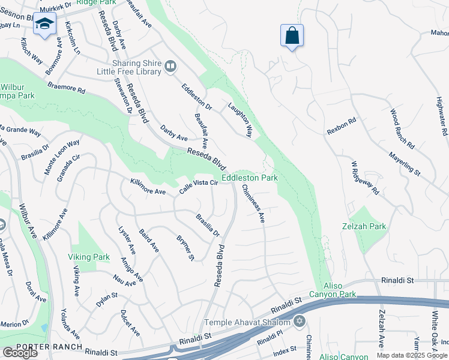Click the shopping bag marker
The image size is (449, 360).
[292, 35]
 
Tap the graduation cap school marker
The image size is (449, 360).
[44, 23]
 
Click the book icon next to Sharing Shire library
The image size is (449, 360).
[171, 67]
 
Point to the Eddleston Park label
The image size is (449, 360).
[249, 178]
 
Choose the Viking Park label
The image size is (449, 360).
[89, 257]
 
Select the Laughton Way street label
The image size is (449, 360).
[240, 119]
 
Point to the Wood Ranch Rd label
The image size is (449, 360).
[402, 129]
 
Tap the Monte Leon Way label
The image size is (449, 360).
[61, 157]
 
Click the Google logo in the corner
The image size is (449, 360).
[20, 352]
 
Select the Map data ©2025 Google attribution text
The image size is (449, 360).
[412, 355]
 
